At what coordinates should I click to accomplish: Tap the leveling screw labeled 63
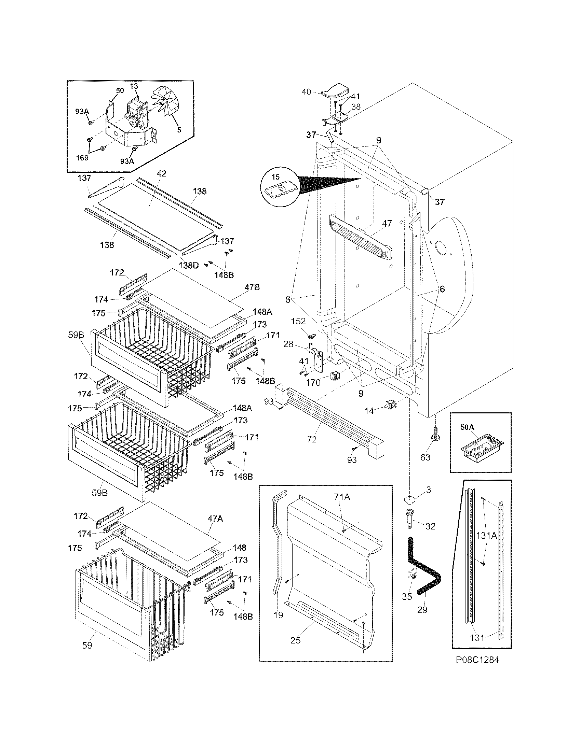[x=435, y=435]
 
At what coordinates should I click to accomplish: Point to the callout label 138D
[x=189, y=265]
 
